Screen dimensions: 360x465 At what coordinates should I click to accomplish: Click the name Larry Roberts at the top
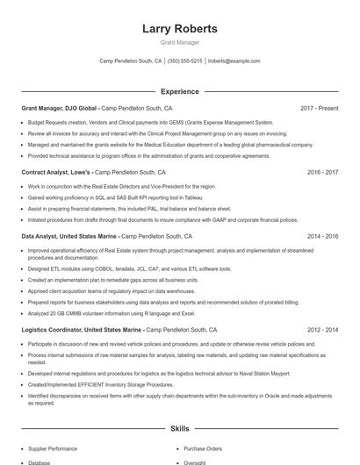(179, 28)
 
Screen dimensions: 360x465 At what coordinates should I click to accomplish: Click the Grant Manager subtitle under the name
(179, 42)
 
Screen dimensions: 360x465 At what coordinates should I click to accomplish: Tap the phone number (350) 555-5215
(184, 61)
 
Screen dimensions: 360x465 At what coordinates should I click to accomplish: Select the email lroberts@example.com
(234, 61)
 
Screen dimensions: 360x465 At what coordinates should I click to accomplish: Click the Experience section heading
(179, 91)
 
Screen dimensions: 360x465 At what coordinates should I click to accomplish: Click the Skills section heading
(179, 428)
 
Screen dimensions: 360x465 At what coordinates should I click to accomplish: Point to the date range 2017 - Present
(319, 109)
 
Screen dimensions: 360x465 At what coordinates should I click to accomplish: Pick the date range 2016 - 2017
(322, 173)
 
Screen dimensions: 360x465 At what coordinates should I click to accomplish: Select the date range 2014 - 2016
(322, 236)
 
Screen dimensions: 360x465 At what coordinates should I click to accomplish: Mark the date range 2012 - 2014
(322, 330)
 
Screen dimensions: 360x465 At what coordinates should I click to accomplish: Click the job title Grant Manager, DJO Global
(60, 109)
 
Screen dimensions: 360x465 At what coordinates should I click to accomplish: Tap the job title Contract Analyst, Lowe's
(56, 173)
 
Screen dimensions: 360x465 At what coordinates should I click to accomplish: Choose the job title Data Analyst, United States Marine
(69, 236)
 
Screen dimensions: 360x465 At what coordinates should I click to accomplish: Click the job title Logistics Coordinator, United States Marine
(82, 330)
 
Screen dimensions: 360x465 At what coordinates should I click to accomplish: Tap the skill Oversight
(195, 462)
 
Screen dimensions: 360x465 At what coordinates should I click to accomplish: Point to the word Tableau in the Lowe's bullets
(171, 198)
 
